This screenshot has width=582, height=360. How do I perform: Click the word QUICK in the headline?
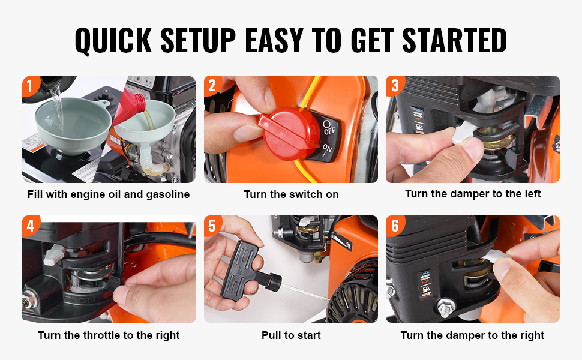(x=113, y=40)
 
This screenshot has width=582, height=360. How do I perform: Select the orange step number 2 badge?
(x=212, y=86)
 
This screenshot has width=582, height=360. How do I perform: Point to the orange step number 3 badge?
(x=395, y=86)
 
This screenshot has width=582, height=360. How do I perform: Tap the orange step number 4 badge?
(x=31, y=225)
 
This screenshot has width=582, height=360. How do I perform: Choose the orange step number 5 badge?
(x=212, y=225)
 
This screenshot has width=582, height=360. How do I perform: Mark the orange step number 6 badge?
(x=395, y=225)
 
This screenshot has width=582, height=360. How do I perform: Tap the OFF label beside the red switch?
(x=328, y=127)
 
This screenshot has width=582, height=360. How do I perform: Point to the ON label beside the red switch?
(x=326, y=150)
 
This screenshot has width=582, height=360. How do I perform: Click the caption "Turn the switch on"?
(x=291, y=194)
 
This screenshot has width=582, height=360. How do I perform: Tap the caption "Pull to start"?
(x=291, y=335)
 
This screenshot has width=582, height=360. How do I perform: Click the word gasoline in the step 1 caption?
(x=168, y=194)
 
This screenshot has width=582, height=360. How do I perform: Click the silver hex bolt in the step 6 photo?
(x=446, y=308)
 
